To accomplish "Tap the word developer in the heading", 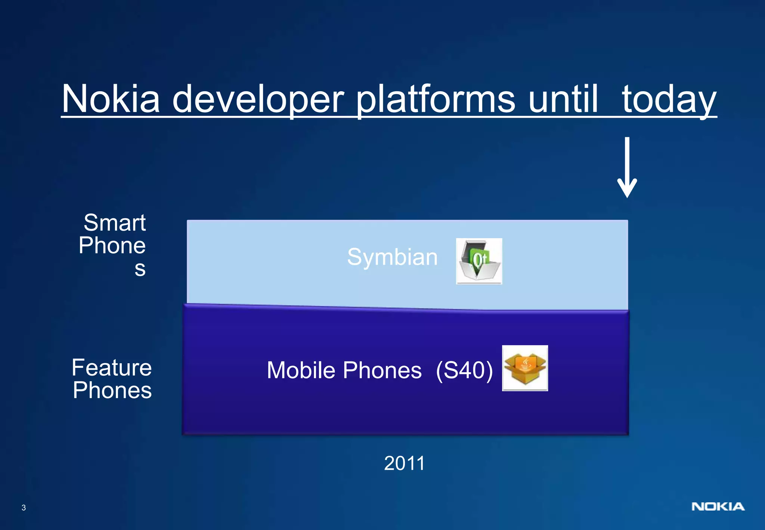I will click(x=258, y=99).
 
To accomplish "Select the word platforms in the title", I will click(x=436, y=99).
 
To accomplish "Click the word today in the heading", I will click(x=669, y=99).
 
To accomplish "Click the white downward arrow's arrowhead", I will click(x=627, y=189).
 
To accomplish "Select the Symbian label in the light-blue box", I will click(x=392, y=257).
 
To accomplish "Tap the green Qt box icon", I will click(x=479, y=261).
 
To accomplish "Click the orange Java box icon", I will click(x=525, y=368).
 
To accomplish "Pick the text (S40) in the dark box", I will click(x=464, y=370).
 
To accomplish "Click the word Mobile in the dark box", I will click(x=301, y=370).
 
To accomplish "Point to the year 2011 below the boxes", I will click(x=404, y=463).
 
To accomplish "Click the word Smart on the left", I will click(x=115, y=223).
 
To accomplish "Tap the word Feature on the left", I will click(x=112, y=367).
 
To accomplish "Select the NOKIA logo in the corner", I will click(x=718, y=506).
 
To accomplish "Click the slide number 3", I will click(x=24, y=508).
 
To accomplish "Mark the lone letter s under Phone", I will click(x=140, y=269).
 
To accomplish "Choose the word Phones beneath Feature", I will click(x=112, y=390).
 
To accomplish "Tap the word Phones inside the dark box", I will click(x=382, y=370).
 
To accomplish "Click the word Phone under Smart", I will click(x=112, y=246).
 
